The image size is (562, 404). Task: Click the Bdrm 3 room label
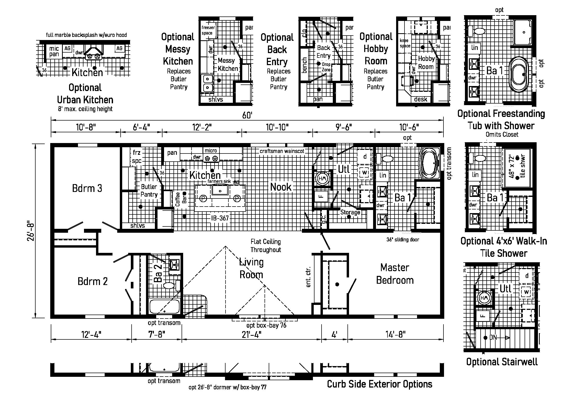(87, 188)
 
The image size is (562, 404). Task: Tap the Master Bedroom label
(395, 274)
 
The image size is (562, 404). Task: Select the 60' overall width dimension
(247, 115)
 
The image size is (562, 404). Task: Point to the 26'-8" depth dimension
(31, 231)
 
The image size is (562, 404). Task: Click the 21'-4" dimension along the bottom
(251, 334)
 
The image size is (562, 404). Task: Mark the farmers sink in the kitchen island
(220, 190)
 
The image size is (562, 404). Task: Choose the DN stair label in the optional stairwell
(493, 338)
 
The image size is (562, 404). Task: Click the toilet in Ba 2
(169, 285)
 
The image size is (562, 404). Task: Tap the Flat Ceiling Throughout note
(266, 246)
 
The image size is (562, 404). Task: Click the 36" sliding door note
(403, 240)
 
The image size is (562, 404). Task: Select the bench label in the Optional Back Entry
(304, 65)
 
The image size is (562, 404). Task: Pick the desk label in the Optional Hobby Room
(420, 99)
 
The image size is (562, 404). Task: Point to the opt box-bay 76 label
(266, 326)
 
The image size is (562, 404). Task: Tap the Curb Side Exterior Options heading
(379, 384)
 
